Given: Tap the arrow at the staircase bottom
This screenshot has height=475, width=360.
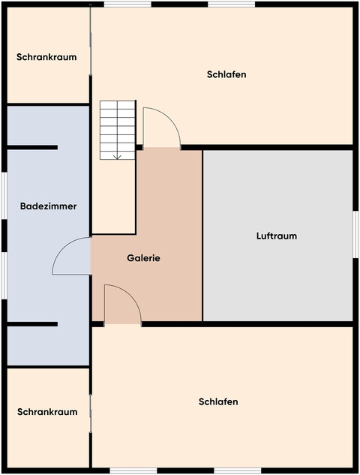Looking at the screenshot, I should point(118,155).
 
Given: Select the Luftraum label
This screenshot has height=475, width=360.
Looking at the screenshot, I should point(277,236).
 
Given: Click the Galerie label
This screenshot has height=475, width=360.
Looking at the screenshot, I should point(144,258).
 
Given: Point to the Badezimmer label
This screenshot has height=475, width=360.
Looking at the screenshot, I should point(48,206).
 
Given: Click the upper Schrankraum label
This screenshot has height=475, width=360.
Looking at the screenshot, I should point(46,56).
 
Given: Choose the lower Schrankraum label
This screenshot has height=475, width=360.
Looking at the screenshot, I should point(47,412).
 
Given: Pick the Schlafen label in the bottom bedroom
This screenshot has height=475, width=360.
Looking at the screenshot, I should point(218,402).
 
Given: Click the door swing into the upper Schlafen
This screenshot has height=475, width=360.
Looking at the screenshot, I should point(160,126).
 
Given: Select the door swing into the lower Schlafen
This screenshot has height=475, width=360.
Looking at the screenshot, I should point(123,305).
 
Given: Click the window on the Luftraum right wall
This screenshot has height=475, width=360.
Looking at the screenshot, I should point(355,234).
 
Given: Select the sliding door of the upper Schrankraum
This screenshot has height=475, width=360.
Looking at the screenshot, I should point(91,41).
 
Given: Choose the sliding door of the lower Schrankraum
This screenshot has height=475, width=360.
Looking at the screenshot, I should point(91,414).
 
